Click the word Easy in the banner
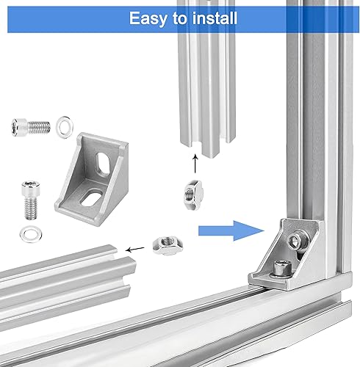(x=148, y=18)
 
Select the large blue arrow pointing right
(x=231, y=230)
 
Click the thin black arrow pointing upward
(x=195, y=164)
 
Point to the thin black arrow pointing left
(x=134, y=250)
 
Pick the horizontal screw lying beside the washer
(x=31, y=127)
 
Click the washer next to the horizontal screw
(x=65, y=127)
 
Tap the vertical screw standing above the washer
(x=31, y=200)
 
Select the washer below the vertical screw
(x=31, y=234)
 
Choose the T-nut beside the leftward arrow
(x=168, y=245)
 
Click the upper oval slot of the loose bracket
(x=103, y=164)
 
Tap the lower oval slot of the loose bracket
(x=90, y=197)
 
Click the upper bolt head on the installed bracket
(x=295, y=241)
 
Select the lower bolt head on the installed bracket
(x=282, y=268)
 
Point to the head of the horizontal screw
(x=19, y=127)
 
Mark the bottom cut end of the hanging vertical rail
(x=208, y=147)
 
